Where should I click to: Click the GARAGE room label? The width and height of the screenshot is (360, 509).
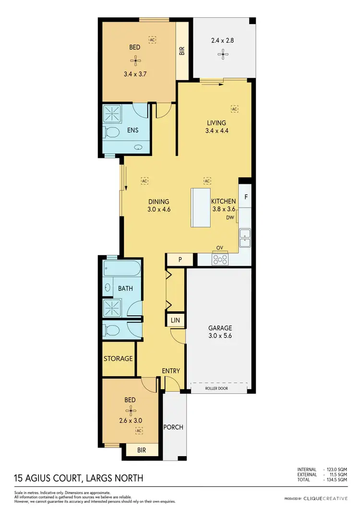coord(220,329)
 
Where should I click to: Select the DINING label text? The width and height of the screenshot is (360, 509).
coord(158,202)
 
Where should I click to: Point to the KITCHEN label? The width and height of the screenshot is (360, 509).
coord(224,202)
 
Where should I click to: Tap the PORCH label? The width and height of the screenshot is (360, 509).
coord(174,427)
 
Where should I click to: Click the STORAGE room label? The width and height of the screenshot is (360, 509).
coord(118,359)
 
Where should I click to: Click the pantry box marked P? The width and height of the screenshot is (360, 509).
coord(180,260)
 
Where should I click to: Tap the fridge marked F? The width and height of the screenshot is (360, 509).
coord(246,197)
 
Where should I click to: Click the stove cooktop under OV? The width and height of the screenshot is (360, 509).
coord(220,259)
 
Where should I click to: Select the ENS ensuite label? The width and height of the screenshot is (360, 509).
coord(133,130)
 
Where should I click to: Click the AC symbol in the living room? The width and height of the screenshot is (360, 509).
coord(235,109)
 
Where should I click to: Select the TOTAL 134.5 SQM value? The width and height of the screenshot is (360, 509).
coord(336,479)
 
